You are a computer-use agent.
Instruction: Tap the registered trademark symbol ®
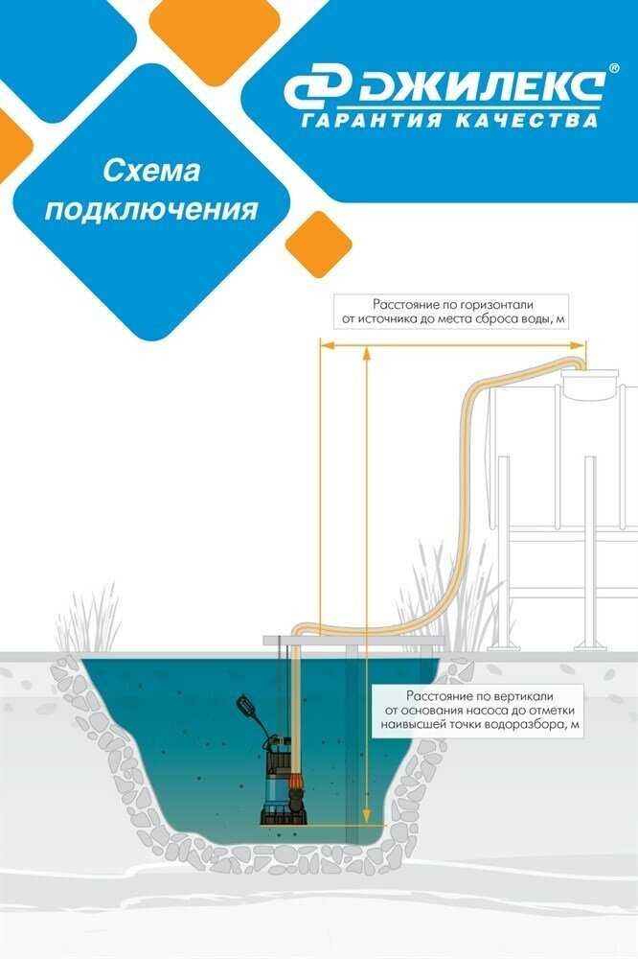(613, 70)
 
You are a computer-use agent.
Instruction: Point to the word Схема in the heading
(150, 172)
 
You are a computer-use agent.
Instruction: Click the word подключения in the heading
(151, 209)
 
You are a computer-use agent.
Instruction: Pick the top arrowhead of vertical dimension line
(367, 351)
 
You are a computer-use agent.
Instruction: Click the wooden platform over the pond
(354, 639)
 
